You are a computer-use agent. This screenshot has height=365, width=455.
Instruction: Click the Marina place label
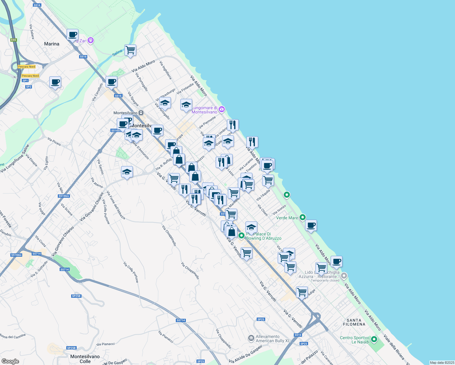pyautogui.click(x=52, y=44)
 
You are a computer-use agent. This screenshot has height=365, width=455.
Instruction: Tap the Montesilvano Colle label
pyautogui.click(x=85, y=359)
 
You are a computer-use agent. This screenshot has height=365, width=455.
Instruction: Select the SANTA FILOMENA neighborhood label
pyautogui.click(x=354, y=322)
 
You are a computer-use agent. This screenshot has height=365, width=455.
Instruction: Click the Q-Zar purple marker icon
pyautogui.click(x=90, y=40)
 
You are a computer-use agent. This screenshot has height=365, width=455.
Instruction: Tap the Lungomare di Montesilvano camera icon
pyautogui.click(x=222, y=109)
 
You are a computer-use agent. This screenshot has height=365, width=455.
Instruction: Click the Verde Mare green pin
pyautogui.click(x=302, y=217)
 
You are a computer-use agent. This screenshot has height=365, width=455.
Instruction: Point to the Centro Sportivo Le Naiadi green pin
pyautogui.click(x=374, y=339)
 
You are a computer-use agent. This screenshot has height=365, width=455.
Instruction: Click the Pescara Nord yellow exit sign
pyautogui.click(x=27, y=67)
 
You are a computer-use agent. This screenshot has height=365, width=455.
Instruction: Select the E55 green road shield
pyautogui.click(x=13, y=40)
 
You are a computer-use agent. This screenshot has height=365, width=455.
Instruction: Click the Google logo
pyautogui.click(x=10, y=361)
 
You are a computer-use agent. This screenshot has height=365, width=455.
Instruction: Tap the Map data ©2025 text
pyautogui.click(x=442, y=363)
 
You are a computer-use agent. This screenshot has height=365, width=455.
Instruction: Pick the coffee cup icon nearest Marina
pyautogui.click(x=72, y=35)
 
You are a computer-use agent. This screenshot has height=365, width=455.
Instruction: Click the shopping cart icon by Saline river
pyautogui.click(x=130, y=50)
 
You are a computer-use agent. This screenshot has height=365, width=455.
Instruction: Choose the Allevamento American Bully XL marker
pyautogui.click(x=251, y=338)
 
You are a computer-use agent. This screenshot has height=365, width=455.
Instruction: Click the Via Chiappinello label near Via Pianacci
pyautogui.click(x=224, y=339)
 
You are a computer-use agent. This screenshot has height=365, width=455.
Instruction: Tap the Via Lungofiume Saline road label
pyautogui.click(x=15, y=159)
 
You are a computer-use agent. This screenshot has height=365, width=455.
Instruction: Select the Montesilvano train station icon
pyautogui.click(x=141, y=113)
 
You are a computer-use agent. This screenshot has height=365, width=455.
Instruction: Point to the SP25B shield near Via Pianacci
pyautogui.click(x=71, y=348)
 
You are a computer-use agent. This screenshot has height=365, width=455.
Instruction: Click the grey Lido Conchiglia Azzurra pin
pyautogui.click(x=344, y=276)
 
